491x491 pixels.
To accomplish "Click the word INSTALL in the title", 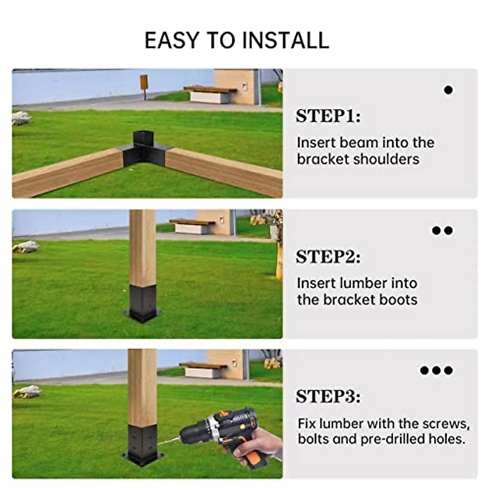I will [285, 40].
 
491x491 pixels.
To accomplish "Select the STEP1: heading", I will [328, 116].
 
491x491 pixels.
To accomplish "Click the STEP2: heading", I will [328, 257].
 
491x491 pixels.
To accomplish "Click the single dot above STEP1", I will [448, 90].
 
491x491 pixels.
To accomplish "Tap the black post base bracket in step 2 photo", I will [143, 303].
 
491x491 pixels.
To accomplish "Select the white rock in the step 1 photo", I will [21, 118].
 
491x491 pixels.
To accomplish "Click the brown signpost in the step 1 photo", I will [144, 84].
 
